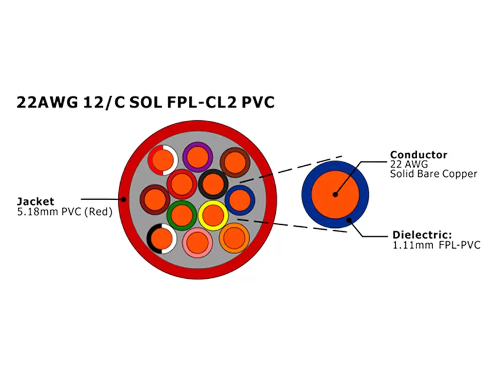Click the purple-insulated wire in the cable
[x=198, y=157]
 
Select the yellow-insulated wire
[x=213, y=215]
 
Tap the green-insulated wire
[x=182, y=215]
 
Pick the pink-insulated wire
[x=198, y=241]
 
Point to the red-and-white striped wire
[x=163, y=159]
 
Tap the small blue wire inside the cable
[x=240, y=200]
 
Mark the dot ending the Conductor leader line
[x=335, y=194]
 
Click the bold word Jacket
[x=35, y=202]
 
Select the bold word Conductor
[x=418, y=155]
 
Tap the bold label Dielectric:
[x=421, y=234]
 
